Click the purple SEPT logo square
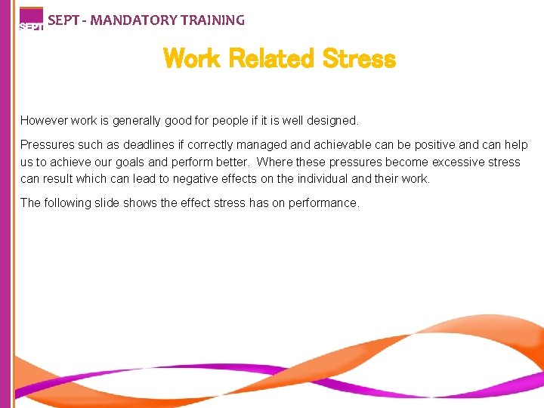pyautogui.click(x=31, y=19)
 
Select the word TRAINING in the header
pyautogui.click(x=211, y=20)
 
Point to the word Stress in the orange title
pyautogui.click(x=359, y=58)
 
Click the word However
pyautogui.click(x=45, y=121)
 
